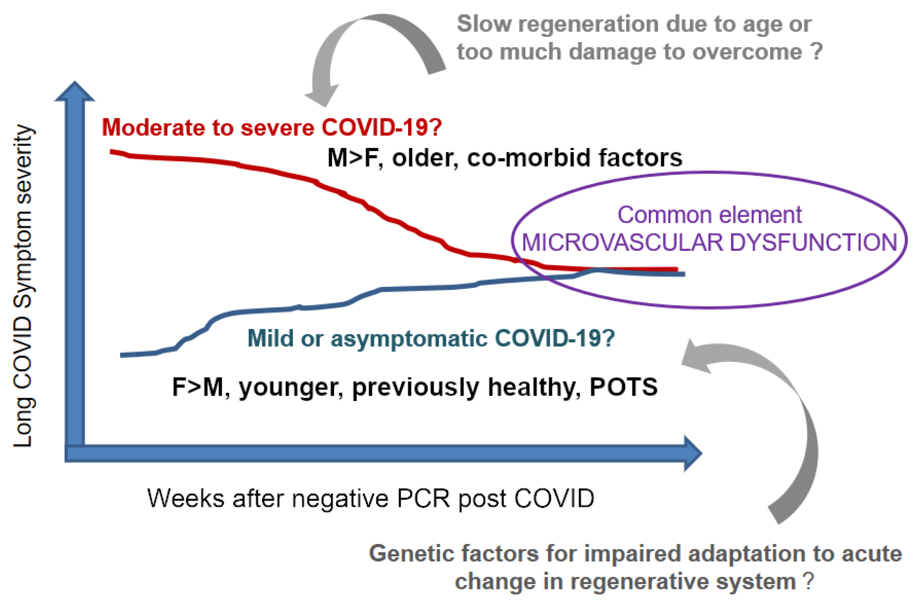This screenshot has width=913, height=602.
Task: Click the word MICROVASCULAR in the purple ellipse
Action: point(622,243)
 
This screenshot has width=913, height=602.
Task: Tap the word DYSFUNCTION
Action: point(814,243)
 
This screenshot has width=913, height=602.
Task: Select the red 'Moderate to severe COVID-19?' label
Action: point(272,127)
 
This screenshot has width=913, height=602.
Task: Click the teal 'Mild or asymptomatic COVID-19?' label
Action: point(431,338)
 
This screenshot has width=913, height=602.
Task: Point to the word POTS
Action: point(624,387)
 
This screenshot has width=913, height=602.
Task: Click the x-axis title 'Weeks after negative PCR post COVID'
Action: point(371,499)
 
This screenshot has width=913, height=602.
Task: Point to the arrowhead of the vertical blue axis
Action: point(75,92)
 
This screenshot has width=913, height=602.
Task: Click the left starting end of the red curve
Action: point(112,152)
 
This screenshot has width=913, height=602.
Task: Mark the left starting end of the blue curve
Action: point(122,355)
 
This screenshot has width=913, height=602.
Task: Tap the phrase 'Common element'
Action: point(709,215)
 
